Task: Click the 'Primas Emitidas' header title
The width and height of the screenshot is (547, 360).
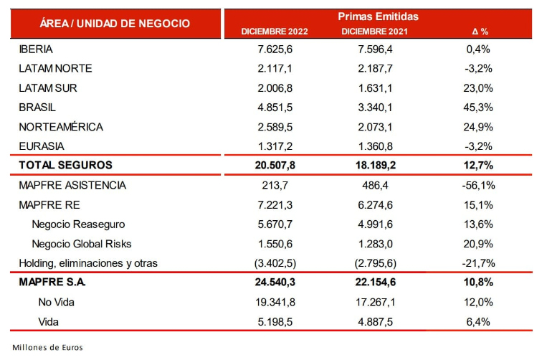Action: click(x=379, y=15)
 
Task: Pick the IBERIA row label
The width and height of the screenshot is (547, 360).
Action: click(x=38, y=49)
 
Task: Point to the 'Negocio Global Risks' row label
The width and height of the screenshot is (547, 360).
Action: click(x=81, y=244)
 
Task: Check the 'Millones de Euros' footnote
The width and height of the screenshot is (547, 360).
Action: click(x=48, y=348)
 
